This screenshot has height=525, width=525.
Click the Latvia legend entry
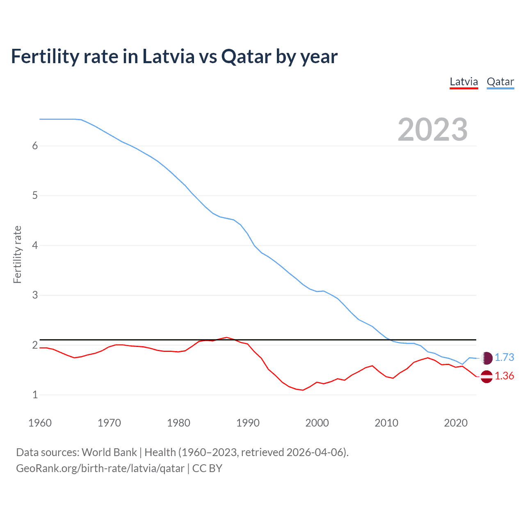[x=464, y=82]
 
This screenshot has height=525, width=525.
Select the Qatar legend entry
[x=500, y=82]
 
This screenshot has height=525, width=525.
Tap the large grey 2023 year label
[x=433, y=130]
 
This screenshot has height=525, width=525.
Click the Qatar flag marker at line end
[x=486, y=358]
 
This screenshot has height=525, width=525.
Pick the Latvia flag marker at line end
[x=486, y=376]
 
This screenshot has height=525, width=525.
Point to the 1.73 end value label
[x=504, y=357]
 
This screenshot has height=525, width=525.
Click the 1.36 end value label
[x=504, y=376]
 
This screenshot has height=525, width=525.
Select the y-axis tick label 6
[x=35, y=146]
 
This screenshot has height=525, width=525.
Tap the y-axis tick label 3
[x=35, y=295]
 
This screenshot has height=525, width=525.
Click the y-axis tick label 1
[x=35, y=395]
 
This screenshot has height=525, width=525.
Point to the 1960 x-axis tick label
[x=40, y=423]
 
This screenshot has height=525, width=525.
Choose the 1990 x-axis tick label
[x=248, y=423]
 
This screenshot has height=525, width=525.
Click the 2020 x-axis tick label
[x=456, y=423]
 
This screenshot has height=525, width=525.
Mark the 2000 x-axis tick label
[x=317, y=423]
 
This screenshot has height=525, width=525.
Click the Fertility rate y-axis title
[x=17, y=254]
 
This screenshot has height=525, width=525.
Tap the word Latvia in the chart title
[x=168, y=57]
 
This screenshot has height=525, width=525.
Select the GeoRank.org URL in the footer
[x=100, y=468]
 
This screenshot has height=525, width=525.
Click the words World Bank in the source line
[x=109, y=452]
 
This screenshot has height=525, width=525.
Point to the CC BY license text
[x=207, y=468]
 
